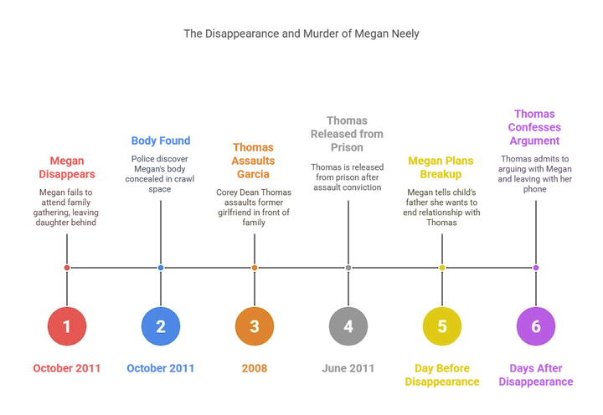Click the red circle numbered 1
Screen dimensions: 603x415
(67, 326)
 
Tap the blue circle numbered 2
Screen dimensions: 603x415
(161, 326)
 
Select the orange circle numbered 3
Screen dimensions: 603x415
(255, 326)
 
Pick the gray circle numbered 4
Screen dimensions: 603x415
(348, 326)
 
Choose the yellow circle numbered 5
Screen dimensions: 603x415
(442, 326)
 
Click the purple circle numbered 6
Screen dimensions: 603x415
(536, 326)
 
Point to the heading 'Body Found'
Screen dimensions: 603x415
(161, 141)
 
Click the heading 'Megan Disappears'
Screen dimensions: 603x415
(67, 167)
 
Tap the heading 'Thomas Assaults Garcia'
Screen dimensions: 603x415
(253, 161)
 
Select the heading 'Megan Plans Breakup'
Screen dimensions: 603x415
(441, 167)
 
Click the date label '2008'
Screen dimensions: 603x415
(255, 368)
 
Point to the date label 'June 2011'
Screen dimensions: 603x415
(348, 368)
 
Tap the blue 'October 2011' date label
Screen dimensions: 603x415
(160, 368)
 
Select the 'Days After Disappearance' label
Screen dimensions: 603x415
(536, 375)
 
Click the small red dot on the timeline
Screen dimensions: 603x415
(67, 268)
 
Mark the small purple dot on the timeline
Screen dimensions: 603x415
(536, 268)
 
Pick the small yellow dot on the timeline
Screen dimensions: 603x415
(442, 268)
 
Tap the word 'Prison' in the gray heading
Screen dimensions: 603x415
(347, 147)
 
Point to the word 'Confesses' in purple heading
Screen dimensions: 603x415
(534, 127)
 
